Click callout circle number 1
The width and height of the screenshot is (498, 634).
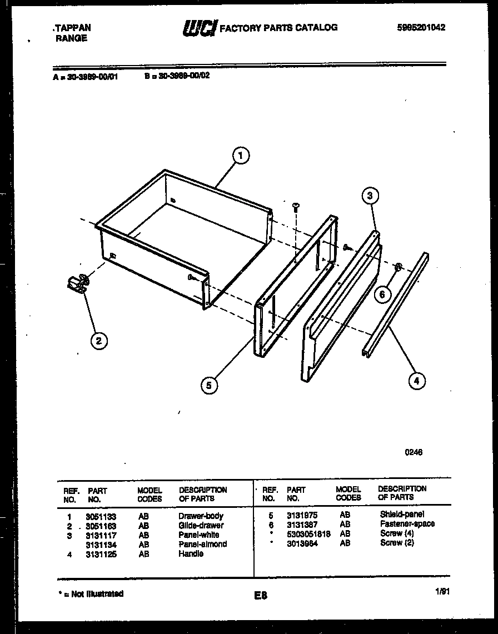coord(240,156)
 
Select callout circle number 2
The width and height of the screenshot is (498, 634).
coord(98,341)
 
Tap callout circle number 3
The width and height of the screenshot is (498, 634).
coord(370,195)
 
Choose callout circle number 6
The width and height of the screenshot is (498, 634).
coord(382,294)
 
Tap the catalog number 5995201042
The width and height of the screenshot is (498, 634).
coord(421,27)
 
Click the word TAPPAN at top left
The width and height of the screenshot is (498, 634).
coord(72,27)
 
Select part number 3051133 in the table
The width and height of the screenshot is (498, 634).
coord(101,516)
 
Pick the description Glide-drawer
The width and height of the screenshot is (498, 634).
coord(201,525)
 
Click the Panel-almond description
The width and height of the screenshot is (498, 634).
coord(202,544)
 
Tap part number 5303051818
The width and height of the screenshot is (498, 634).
coord(308,533)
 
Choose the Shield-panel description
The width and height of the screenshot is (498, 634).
coord(402,515)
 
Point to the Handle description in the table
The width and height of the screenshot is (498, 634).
coord(191,553)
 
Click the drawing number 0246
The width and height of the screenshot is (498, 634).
coord(413,452)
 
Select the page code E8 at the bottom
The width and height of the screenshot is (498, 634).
coord(261,596)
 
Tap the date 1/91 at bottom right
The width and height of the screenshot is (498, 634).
coord(442,592)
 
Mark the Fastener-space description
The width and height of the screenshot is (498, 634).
coord(407,524)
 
